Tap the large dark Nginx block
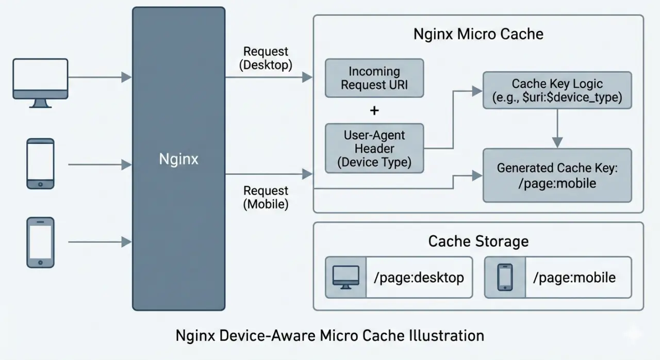click(178, 159)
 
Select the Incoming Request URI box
click(374, 78)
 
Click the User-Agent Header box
click(374, 148)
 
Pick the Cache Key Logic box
click(557, 90)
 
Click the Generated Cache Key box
click(557, 175)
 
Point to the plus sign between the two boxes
click(374, 110)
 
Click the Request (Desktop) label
click(266, 58)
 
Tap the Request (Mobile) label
click(266, 198)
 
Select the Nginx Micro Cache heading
click(478, 35)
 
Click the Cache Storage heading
click(478, 241)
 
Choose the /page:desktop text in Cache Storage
click(418, 278)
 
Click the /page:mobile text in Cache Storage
click(574, 278)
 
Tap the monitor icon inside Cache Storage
click(345, 277)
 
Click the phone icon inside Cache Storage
click(505, 277)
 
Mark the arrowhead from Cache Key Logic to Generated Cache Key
click(557, 143)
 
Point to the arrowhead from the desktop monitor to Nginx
click(126, 77)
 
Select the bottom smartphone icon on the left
click(40, 242)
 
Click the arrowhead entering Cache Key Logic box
click(477, 91)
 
